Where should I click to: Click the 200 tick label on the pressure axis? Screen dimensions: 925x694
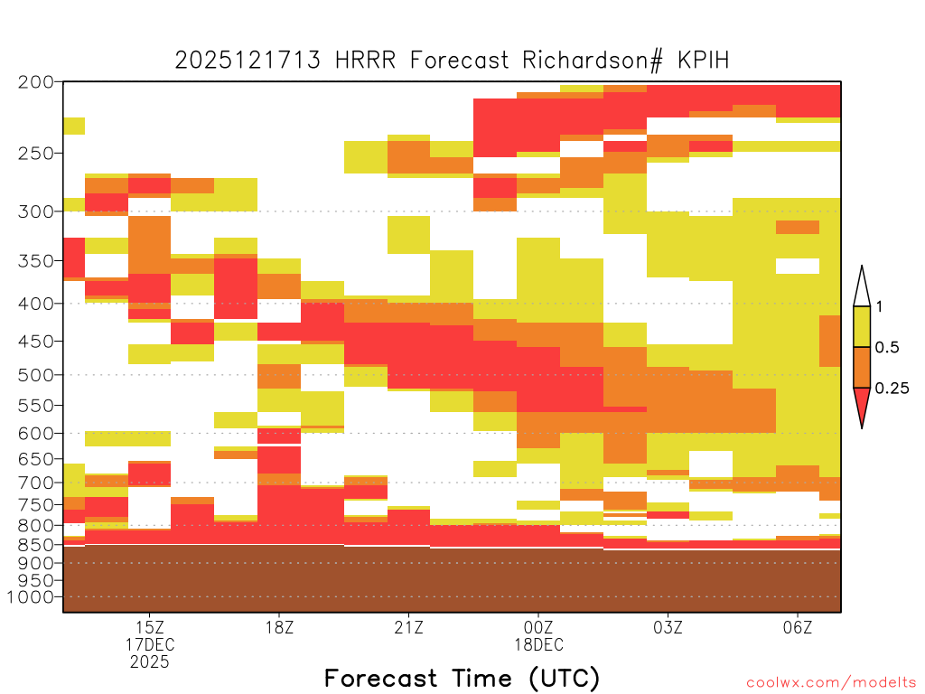click(35, 82)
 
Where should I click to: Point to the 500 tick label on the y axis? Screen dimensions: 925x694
click(35, 375)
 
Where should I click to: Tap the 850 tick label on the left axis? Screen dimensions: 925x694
click(35, 545)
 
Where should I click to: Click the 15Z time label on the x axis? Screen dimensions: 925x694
click(150, 627)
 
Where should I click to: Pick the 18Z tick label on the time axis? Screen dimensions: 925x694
click(279, 627)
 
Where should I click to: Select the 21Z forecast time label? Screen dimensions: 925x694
click(409, 627)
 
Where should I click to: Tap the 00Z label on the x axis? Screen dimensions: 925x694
click(538, 627)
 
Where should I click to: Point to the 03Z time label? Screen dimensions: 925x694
click(668, 627)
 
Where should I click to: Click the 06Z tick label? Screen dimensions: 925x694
click(798, 627)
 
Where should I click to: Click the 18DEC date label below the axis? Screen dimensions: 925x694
click(538, 644)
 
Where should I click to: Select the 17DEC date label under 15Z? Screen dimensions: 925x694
click(150, 644)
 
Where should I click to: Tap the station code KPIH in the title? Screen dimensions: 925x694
click(703, 61)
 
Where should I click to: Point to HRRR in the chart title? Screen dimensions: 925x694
click(365, 61)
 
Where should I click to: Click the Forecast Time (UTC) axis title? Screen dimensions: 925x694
click(462, 679)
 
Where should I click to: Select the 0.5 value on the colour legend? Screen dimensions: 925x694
click(887, 348)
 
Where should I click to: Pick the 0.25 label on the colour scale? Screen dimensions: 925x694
click(892, 389)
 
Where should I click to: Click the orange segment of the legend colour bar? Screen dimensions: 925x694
click(862, 367)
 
